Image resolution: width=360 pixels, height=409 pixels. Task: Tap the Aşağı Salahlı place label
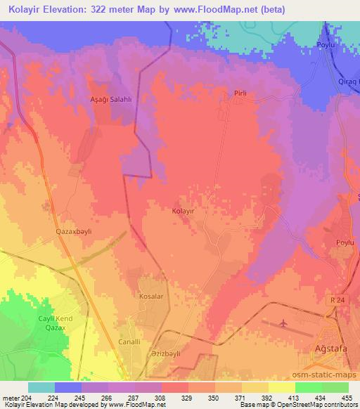tap(105, 99)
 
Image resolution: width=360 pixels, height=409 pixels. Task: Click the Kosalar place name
tap(151, 297)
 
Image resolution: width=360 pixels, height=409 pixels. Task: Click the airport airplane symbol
tap(283, 323)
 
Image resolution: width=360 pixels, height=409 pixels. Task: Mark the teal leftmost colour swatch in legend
tap(41, 387)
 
